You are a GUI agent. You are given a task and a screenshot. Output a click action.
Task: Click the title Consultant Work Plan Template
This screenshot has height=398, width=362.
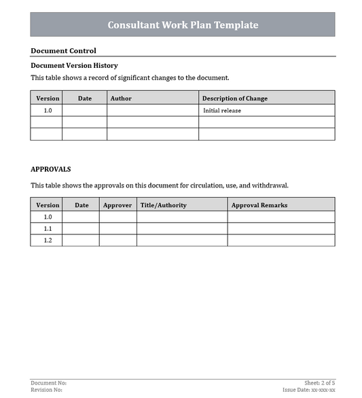(183, 25)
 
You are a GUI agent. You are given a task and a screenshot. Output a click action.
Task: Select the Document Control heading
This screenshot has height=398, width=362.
(63, 50)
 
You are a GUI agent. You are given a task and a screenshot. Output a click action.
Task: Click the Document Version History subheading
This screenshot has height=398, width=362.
(74, 65)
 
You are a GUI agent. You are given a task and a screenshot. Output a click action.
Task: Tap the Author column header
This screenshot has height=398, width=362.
(121, 98)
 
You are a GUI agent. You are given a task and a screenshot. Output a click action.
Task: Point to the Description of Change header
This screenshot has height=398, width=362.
(234, 98)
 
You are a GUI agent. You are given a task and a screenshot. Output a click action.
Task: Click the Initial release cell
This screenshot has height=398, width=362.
(221, 111)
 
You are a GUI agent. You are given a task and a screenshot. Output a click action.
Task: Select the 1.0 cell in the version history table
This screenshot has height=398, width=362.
(48, 110)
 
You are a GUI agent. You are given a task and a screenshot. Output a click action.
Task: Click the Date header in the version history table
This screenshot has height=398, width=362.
(85, 98)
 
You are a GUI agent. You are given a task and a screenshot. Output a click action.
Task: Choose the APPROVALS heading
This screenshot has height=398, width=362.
(51, 169)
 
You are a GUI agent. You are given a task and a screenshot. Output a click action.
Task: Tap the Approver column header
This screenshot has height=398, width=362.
(117, 205)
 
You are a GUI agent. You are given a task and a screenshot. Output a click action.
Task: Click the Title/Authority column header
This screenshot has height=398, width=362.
(163, 205)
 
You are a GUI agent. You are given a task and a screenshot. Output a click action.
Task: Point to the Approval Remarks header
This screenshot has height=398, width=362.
(259, 205)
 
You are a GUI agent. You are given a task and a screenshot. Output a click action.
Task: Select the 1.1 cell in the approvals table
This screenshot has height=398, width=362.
(48, 229)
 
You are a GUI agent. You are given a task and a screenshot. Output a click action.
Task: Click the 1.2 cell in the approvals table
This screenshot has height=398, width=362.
(48, 240)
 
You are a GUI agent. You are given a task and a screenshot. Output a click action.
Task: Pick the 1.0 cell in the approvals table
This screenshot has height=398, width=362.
(48, 217)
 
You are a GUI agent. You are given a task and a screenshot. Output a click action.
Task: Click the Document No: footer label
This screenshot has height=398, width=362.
(49, 384)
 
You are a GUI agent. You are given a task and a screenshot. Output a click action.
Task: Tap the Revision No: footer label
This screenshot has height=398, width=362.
(47, 391)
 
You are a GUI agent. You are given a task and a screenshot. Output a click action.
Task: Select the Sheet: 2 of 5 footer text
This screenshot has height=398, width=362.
(320, 384)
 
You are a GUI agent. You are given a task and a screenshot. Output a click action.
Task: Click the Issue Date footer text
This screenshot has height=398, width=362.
(309, 391)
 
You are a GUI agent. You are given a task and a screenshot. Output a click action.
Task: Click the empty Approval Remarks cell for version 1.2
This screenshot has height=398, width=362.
(281, 240)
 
